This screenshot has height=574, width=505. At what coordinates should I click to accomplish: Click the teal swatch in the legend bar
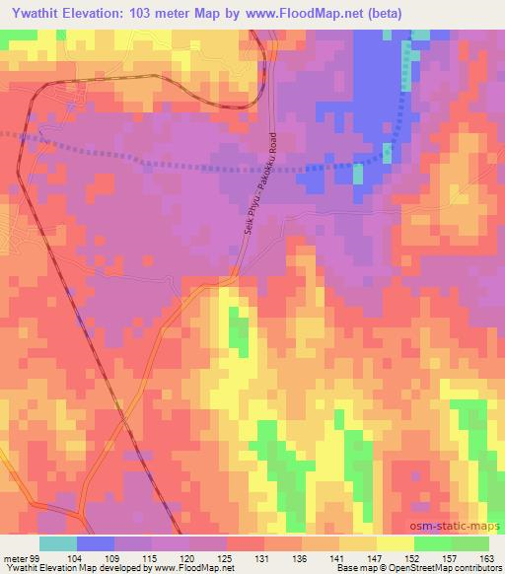coord(58,543)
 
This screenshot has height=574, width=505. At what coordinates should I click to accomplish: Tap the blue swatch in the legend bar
coord(96,543)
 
